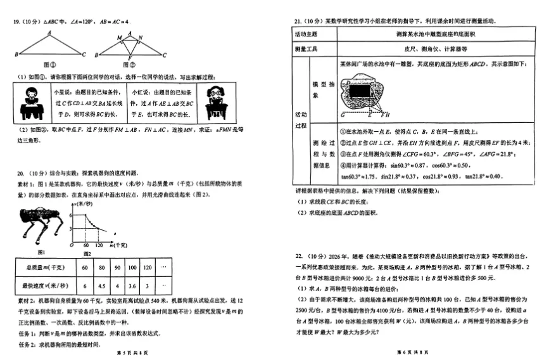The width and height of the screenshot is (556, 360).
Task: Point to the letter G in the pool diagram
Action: coord(342,116)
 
